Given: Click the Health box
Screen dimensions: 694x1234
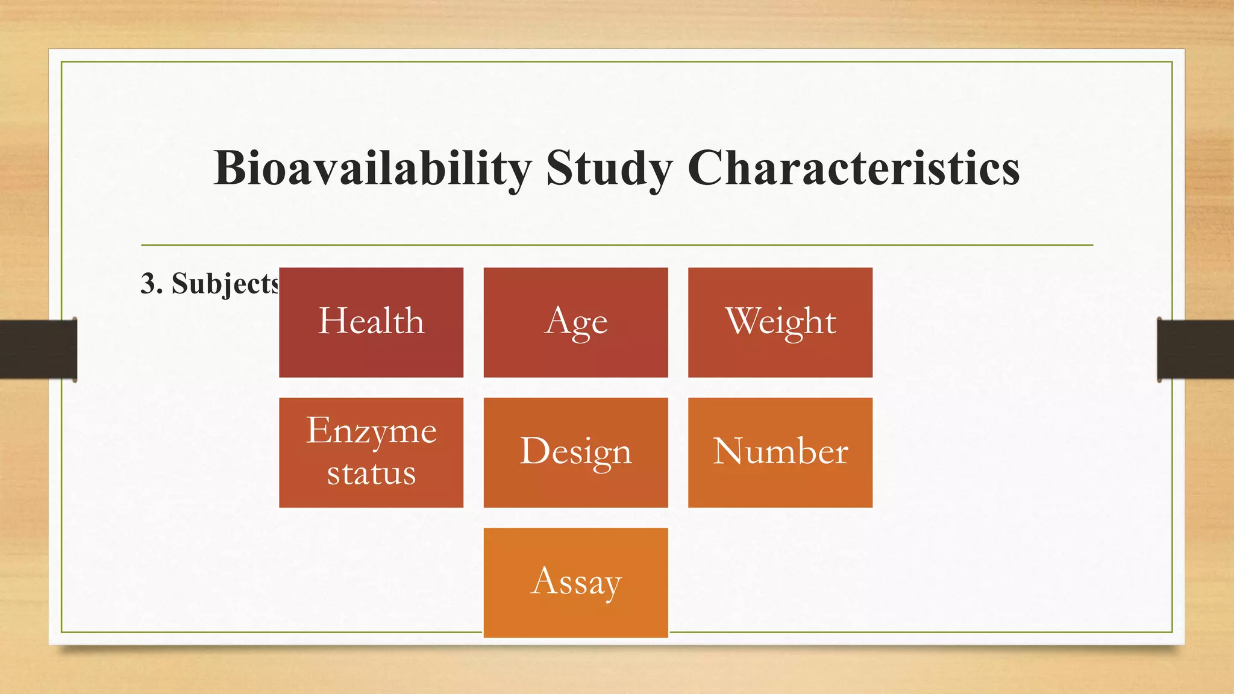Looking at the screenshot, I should click(371, 322).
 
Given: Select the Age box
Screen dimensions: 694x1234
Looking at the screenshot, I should click(575, 322).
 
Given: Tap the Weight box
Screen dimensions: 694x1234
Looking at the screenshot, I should click(780, 322).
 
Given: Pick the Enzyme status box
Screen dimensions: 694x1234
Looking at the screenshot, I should click(371, 452).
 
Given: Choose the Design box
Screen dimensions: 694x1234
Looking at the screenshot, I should click(575, 452).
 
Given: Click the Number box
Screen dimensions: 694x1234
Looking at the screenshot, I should click(780, 452).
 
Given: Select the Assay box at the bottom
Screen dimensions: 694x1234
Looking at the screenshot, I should click(575, 583).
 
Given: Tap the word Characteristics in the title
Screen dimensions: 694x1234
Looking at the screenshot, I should click(853, 169).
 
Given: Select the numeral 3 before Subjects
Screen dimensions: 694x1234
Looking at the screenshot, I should click(148, 283).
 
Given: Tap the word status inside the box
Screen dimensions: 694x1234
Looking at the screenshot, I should click(371, 474).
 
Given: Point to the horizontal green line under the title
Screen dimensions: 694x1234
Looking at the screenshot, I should click(617, 245).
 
